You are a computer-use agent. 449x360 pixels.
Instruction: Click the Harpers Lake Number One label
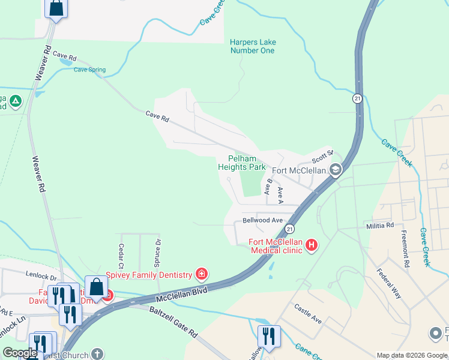point(252,46)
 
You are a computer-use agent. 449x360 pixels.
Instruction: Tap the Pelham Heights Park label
point(242,163)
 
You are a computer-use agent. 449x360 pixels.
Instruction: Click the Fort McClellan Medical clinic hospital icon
point(312,245)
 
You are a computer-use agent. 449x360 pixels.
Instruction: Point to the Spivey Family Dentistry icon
point(202,275)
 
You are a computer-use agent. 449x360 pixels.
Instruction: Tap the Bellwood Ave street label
point(262,220)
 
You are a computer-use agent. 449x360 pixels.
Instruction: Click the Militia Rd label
point(380,226)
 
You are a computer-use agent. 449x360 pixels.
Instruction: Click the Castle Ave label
point(308,314)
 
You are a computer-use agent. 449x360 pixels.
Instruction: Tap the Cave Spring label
point(89,70)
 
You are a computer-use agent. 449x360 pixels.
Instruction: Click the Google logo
point(20,353)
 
